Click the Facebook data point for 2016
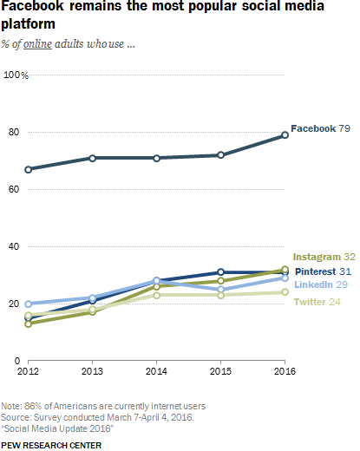point(285,135)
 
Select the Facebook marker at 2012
point(28,169)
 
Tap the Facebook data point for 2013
point(92,158)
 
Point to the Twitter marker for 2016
point(285,292)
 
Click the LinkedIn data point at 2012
point(28,304)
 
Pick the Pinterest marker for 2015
point(220,271)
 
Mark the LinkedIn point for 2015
point(220,289)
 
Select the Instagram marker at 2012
point(28,324)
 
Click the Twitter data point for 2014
point(156,295)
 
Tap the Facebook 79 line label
point(320,128)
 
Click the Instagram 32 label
point(324,257)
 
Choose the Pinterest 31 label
point(323,271)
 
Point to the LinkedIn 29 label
point(321,284)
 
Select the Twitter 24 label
point(317,302)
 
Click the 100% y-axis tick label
point(16,75)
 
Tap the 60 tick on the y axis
point(14,189)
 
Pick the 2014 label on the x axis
point(156,371)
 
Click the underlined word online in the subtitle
point(37,44)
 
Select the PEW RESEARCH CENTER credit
point(51,446)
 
